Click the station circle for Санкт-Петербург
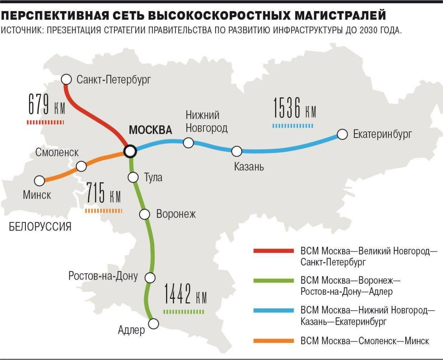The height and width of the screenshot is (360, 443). pyautogui.click(x=66, y=79)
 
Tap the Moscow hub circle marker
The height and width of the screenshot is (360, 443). pyautogui.click(x=130, y=150)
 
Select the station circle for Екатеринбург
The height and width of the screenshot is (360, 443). pyautogui.click(x=342, y=134)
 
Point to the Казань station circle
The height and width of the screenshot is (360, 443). pyautogui.click(x=237, y=151)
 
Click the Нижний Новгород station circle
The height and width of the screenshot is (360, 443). pyautogui.click(x=189, y=143)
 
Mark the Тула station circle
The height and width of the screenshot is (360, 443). pyautogui.click(x=133, y=177)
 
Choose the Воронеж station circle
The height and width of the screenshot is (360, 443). pyautogui.click(x=144, y=214)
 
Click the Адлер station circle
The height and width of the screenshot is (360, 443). pyautogui.click(x=153, y=323)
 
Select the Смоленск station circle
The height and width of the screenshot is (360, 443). pyautogui.click(x=81, y=166)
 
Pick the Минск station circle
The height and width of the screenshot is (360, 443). pyautogui.click(x=39, y=181)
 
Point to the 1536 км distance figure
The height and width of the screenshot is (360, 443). pyautogui.click(x=294, y=108)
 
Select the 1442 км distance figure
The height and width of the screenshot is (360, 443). pyautogui.click(x=185, y=295)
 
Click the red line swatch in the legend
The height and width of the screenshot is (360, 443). pyautogui.click(x=274, y=251)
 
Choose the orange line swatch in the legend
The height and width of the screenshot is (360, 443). pyautogui.click(x=274, y=341)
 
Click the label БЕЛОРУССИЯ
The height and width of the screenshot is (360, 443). pyautogui.click(x=40, y=226)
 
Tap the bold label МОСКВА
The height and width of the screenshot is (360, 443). pyautogui.click(x=150, y=130)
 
